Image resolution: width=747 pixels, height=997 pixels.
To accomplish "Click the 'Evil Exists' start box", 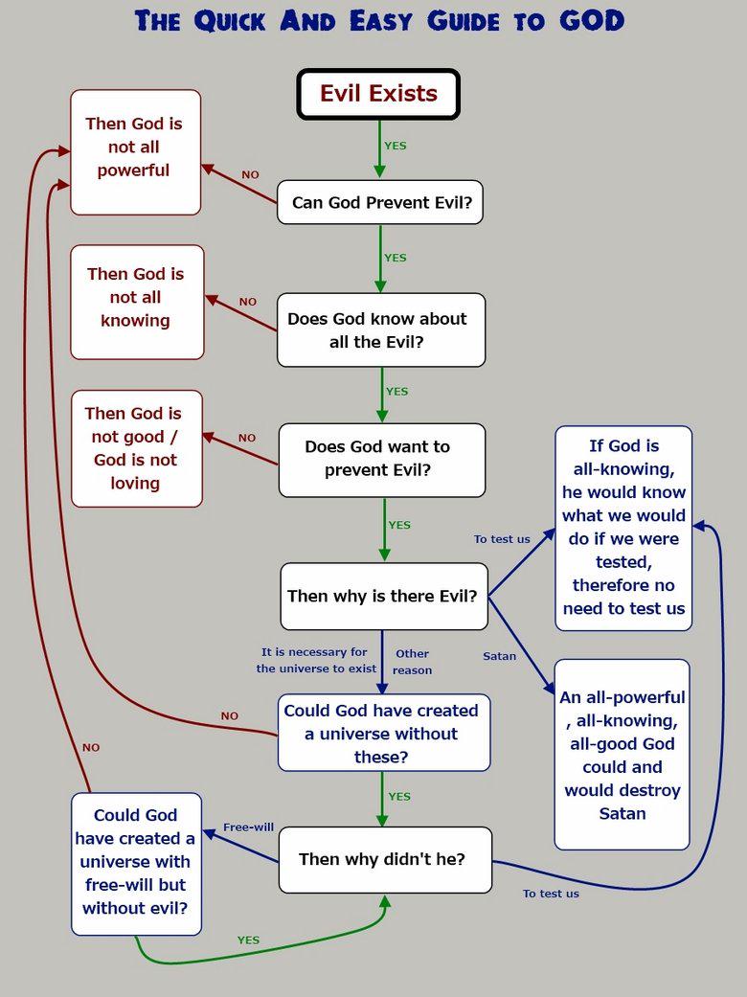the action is tap(378, 94).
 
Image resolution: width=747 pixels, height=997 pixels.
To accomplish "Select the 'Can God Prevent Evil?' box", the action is tap(380, 202).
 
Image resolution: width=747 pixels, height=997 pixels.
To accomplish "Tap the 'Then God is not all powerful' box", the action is tap(135, 152).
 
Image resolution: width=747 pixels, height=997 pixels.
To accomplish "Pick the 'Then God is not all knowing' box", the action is tap(137, 302).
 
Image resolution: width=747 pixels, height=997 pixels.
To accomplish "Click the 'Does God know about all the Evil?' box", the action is tap(381, 330).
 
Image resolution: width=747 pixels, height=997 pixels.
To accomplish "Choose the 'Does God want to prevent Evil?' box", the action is tap(381, 461).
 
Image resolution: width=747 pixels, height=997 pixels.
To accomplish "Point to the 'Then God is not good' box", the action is tap(137, 449).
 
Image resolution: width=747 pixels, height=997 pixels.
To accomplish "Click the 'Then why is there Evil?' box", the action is tap(384, 596).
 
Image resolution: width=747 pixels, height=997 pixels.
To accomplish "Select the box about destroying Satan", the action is tap(622, 755).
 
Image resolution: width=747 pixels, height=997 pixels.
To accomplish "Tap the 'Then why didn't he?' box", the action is tap(385, 860).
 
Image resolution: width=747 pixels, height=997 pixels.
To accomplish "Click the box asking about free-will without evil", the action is tap(136, 864).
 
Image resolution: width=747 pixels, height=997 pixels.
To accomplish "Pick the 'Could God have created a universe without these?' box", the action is tap(384, 733).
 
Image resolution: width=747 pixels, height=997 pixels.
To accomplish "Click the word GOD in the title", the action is tap(592, 20).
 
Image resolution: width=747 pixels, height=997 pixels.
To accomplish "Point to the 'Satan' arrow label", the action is tap(499, 656).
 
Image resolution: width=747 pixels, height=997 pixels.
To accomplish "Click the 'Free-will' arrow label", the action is tap(248, 827).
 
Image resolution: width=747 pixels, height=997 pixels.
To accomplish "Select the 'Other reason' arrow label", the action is tap(412, 662).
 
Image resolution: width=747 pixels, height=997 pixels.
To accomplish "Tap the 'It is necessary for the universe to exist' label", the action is tap(316, 660).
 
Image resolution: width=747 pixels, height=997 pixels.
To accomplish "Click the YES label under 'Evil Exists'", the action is tap(395, 146).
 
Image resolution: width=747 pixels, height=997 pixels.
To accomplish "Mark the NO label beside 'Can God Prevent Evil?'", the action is tap(250, 174).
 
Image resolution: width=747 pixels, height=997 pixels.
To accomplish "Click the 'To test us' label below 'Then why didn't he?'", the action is tap(551, 894).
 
